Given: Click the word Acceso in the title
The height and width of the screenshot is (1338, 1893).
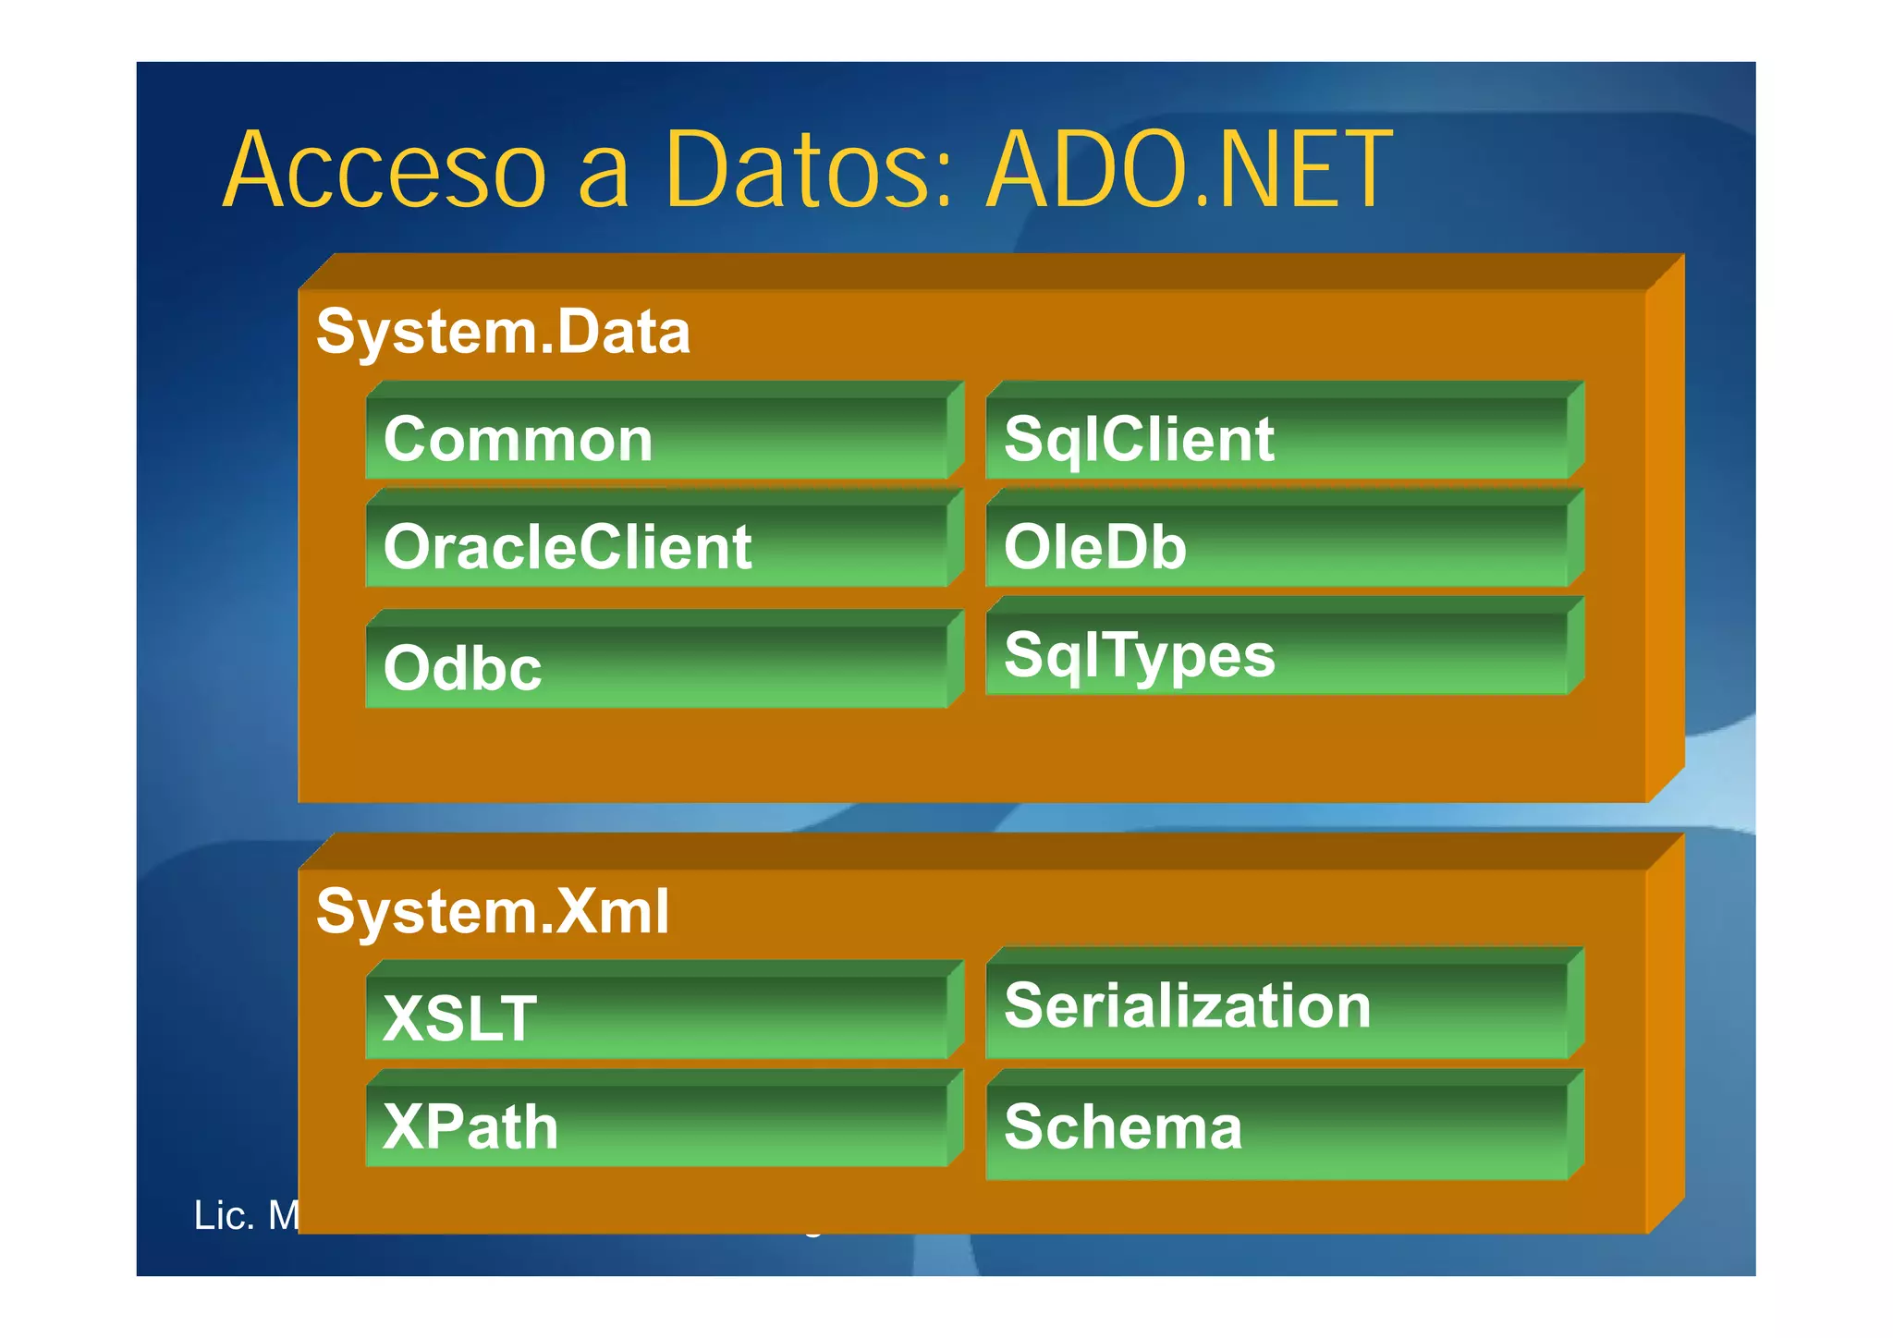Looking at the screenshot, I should [385, 171].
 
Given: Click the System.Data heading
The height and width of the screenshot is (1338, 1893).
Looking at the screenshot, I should [503, 333].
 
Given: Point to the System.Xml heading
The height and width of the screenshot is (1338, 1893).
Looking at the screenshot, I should [492, 912].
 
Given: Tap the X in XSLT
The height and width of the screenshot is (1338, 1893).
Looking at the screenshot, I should [404, 1019].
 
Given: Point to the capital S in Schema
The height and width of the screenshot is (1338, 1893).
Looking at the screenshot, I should [1023, 1128].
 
